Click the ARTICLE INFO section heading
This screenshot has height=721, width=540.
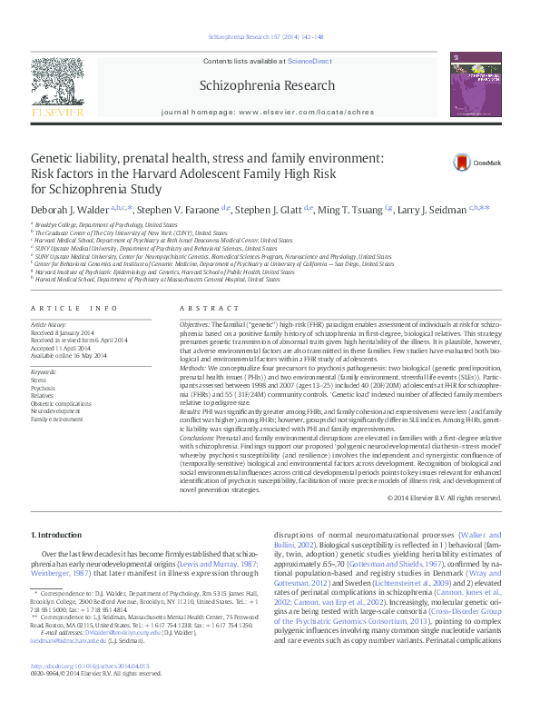pos(75,309)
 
